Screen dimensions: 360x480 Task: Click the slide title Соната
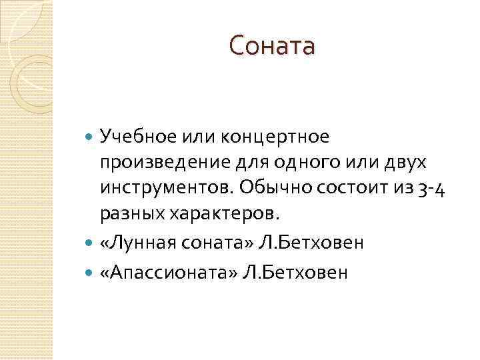pos(271,47)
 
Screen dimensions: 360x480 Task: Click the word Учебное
pos(137,137)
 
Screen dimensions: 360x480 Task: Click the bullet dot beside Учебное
pos(91,137)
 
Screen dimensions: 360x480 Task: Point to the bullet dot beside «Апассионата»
pos(91,273)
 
